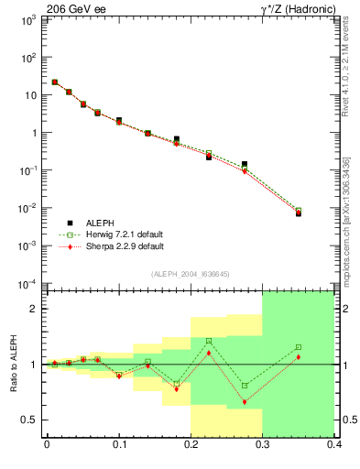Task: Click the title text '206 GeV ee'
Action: pyautogui.click(x=75, y=8)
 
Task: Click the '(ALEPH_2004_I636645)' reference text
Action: pyautogui.click(x=191, y=274)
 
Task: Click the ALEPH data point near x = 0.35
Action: pyautogui.click(x=299, y=213)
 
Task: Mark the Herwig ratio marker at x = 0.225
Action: pyautogui.click(x=209, y=341)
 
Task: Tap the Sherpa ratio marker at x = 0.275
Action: pyautogui.click(x=245, y=402)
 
